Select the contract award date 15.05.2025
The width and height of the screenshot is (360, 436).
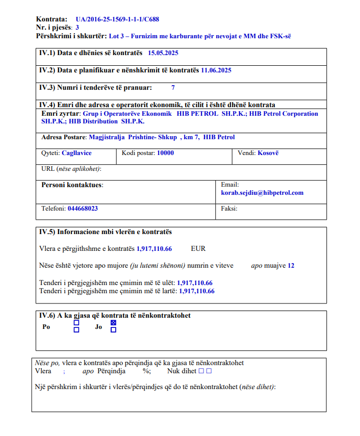(163, 53)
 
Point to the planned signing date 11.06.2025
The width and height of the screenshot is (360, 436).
(216, 70)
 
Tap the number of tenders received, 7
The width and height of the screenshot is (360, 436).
(173, 88)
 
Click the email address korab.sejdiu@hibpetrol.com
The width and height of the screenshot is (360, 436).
(262, 193)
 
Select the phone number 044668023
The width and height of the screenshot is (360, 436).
(83, 209)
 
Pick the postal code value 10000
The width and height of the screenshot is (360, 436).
(165, 153)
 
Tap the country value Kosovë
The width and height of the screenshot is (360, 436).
(268, 153)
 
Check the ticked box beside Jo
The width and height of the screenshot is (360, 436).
(113, 323)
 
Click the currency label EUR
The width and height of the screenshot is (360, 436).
(198, 249)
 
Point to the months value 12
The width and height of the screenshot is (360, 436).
(291, 266)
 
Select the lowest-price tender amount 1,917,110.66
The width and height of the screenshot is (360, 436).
(195, 283)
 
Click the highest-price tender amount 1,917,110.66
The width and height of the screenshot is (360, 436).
(197, 291)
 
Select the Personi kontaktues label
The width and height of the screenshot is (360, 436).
(72, 185)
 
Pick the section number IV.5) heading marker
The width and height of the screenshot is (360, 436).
(47, 232)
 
